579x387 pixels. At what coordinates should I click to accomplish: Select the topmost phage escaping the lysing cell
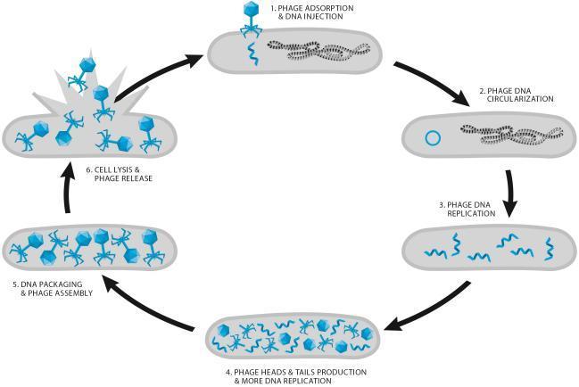point(87,65)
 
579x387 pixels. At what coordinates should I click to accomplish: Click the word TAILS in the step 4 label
point(300,371)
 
